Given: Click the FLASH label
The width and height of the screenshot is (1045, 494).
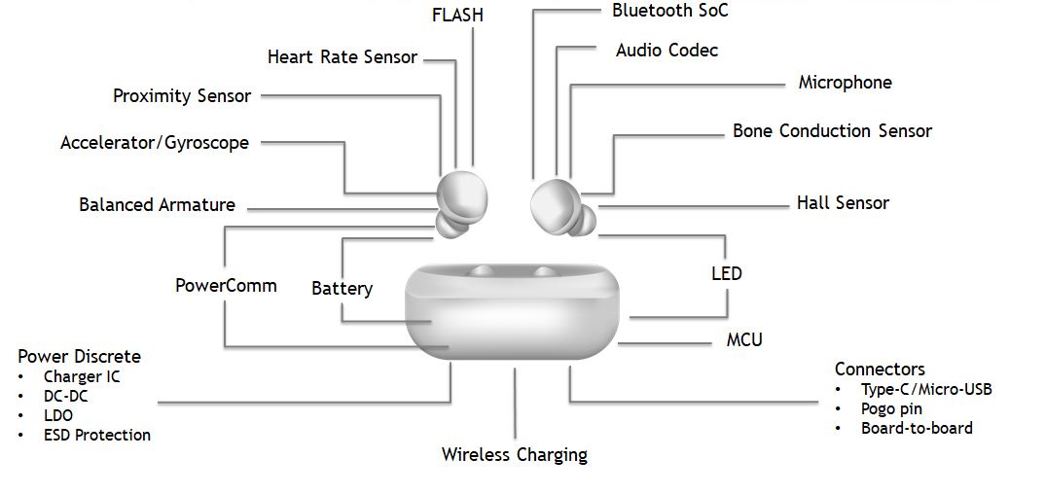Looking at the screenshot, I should pyautogui.click(x=457, y=16).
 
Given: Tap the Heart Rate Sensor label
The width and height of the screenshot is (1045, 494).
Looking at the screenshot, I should pyautogui.click(x=342, y=57).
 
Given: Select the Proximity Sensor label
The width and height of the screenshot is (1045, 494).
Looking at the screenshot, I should pyautogui.click(x=182, y=96).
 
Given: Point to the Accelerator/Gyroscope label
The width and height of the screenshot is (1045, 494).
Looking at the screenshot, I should pyautogui.click(x=155, y=143).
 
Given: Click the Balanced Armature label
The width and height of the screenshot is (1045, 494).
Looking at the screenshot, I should pyautogui.click(x=157, y=205).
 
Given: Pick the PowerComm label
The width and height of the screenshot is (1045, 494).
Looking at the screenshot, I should pyautogui.click(x=226, y=286).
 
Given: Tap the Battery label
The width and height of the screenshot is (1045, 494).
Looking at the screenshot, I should pyautogui.click(x=342, y=289).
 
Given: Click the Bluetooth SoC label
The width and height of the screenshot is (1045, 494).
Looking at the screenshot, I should pyautogui.click(x=669, y=11).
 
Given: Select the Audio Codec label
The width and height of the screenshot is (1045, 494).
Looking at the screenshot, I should pyautogui.click(x=667, y=50).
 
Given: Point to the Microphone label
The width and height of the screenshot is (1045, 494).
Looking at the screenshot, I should pyautogui.click(x=845, y=83).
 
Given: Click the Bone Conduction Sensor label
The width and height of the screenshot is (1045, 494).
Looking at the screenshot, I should pyautogui.click(x=832, y=131).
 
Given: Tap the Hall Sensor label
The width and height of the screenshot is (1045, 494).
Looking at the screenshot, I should pyautogui.click(x=843, y=203).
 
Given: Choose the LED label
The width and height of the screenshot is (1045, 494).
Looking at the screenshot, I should pyautogui.click(x=726, y=273).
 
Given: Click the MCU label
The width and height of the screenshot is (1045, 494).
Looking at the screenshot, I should pyautogui.click(x=744, y=340).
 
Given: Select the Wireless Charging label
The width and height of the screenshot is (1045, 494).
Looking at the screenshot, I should pyautogui.click(x=514, y=454).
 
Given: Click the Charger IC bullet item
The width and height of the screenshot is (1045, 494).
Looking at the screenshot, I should pyautogui.click(x=82, y=376).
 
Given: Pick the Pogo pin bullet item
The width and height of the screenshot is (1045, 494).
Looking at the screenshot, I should pyautogui.click(x=891, y=409).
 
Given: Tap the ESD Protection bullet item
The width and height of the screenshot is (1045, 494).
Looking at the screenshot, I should pyautogui.click(x=97, y=435).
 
